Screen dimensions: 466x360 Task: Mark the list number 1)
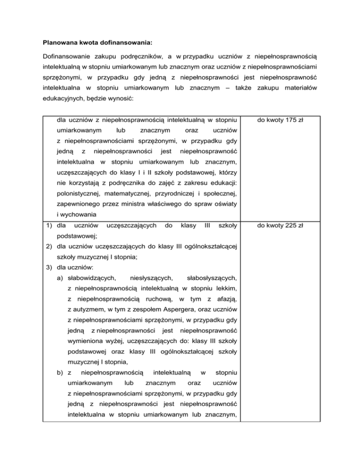pyautogui.click(x=47, y=225)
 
